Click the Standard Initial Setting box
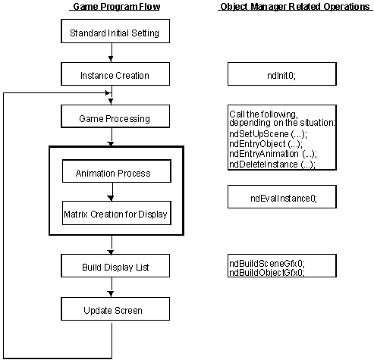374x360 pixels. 115,31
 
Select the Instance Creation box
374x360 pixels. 115,74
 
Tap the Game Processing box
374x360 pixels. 115,117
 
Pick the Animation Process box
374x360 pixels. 117,171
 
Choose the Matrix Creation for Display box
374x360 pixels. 117,213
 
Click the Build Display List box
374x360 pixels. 115,265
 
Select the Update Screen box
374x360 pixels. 115,309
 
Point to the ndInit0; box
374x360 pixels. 282,74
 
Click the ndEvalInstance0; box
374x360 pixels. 282,197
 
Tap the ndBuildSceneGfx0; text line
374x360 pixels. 267,264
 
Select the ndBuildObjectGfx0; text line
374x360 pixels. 267,273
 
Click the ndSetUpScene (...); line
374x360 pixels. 268,134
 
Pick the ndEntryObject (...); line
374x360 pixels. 266,144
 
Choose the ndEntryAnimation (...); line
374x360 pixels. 273,154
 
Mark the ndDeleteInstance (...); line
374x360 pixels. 272,164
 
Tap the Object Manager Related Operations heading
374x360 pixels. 295,7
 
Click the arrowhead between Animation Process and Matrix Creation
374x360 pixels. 111,199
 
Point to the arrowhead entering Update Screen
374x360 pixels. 111,294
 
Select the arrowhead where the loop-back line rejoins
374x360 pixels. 108,93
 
